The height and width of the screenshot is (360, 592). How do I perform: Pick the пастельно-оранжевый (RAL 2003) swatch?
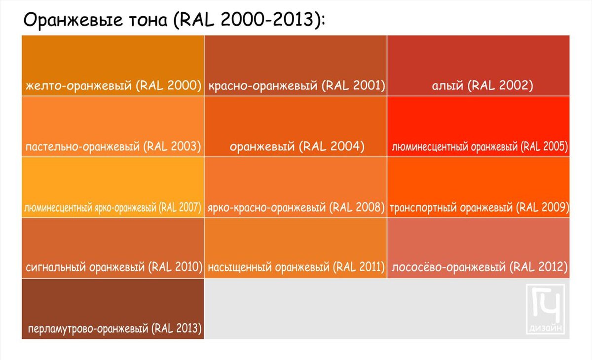tap(112, 121)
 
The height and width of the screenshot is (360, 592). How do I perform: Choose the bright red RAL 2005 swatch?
tap(478, 121)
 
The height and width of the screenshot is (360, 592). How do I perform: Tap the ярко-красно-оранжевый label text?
tap(266, 207)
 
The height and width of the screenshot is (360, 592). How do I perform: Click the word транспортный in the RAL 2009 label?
tap(423, 207)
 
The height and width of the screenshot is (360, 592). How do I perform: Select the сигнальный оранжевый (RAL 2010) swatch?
tap(112, 242)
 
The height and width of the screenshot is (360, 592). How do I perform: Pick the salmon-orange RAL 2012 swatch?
tap(478, 242)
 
